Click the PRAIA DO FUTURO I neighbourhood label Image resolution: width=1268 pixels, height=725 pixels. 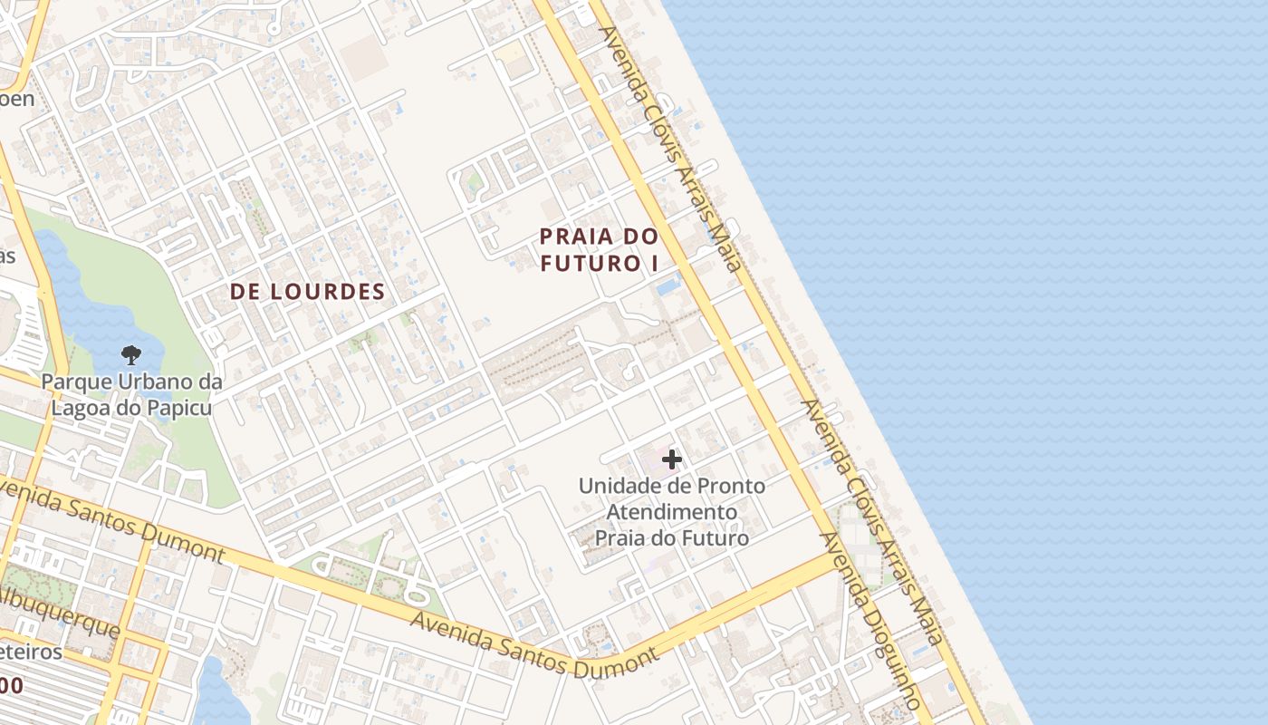tap(598, 249)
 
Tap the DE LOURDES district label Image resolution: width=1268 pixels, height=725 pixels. tap(307, 292)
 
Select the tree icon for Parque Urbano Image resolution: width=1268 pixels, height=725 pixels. tap(131, 355)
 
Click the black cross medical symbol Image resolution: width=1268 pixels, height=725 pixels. tap(672, 459)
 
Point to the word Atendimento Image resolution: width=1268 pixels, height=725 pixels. tap(671, 512)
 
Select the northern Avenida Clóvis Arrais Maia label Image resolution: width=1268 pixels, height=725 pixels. tap(670, 149)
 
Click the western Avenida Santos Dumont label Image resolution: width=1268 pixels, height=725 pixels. tap(109, 520)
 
